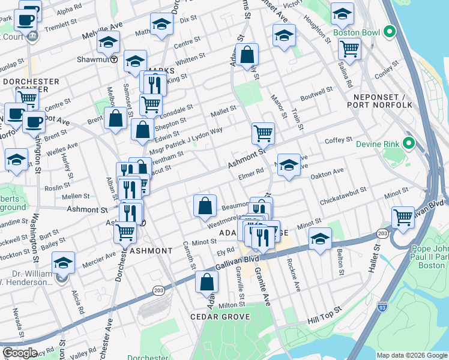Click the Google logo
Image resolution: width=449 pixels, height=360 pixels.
(20, 353)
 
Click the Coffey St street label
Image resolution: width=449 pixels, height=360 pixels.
(339, 140)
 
